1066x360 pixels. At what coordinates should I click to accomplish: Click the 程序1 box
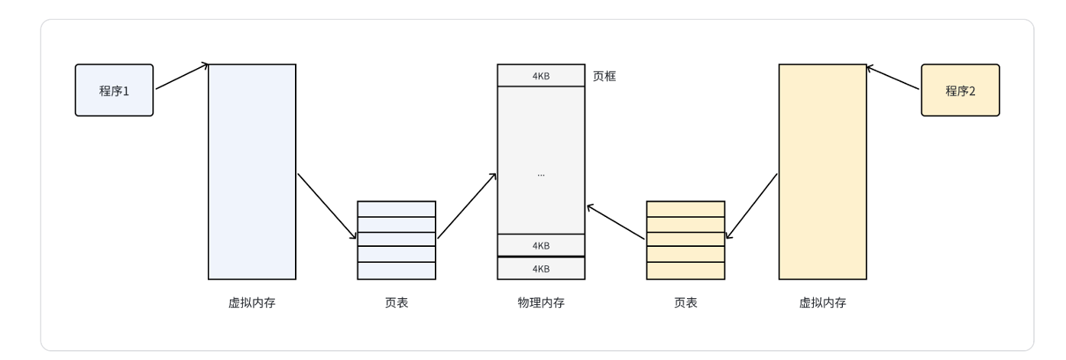[x=114, y=90]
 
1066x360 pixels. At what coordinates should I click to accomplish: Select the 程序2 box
[x=960, y=90]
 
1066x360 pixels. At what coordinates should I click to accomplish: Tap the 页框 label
[x=604, y=76]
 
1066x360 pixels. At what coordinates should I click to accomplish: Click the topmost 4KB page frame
[x=540, y=75]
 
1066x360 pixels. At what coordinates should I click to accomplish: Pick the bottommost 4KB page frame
[x=540, y=268]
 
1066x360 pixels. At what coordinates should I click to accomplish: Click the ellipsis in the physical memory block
[x=540, y=174]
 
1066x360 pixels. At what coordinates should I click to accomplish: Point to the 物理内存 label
[x=540, y=303]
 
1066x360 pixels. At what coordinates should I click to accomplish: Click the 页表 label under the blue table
[x=396, y=303]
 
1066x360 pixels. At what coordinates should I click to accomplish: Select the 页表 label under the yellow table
[x=685, y=303]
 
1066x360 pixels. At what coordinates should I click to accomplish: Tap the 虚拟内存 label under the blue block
[x=251, y=303]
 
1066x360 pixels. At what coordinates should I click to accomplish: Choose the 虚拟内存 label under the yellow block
[x=822, y=303]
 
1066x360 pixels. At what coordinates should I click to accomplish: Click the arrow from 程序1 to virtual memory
[x=182, y=76]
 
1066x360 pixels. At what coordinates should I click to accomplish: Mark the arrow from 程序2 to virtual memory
[x=893, y=77]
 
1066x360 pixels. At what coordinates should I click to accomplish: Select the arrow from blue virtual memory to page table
[x=327, y=206]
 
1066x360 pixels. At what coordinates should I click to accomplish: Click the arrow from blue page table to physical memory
[x=467, y=206]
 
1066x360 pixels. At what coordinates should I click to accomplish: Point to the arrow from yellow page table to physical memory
[x=616, y=222]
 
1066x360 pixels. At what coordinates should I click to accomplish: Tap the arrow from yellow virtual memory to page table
[x=752, y=206]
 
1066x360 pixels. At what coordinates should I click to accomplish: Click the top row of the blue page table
[x=396, y=209]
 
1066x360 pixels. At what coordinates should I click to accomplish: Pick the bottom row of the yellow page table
[x=685, y=271]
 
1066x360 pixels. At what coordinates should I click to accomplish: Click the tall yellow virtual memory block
[x=822, y=171]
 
